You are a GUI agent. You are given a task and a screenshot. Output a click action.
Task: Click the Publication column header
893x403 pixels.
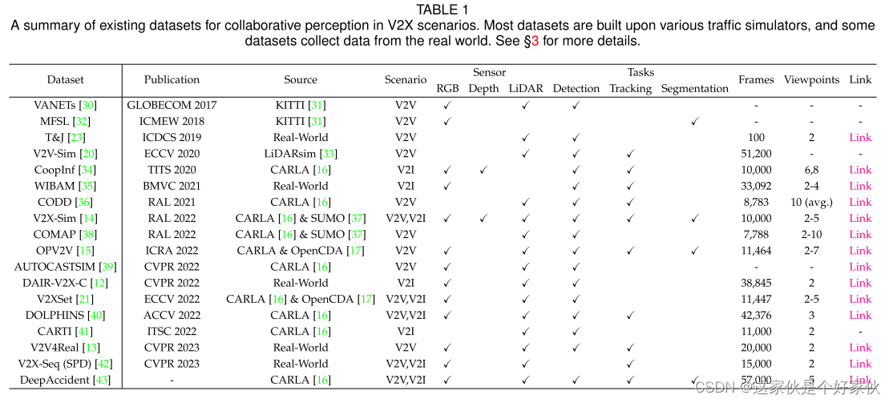(172, 79)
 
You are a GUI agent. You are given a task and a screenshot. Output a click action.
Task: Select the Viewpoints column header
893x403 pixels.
(811, 79)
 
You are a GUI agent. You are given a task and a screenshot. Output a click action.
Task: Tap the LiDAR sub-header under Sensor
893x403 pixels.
(526, 88)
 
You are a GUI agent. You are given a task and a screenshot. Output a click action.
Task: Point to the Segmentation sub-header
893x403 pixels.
(694, 88)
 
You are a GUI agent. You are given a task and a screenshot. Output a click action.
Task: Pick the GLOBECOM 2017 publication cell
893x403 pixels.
(172, 105)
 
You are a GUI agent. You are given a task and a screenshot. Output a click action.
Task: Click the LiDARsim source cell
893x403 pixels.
(301, 153)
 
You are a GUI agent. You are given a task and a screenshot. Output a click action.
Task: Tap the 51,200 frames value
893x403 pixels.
(756, 153)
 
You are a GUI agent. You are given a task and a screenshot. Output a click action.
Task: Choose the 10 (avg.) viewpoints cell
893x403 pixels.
(811, 202)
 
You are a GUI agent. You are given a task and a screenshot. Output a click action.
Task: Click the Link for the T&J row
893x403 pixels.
(860, 137)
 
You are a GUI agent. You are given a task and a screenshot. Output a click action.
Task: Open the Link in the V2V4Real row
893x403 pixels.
(860, 347)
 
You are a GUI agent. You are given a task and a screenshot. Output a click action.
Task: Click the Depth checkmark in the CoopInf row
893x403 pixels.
(483, 170)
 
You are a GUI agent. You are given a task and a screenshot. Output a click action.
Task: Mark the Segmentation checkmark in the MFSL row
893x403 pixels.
(694, 121)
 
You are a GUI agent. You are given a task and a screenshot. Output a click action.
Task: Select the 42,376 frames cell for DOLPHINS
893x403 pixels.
(756, 315)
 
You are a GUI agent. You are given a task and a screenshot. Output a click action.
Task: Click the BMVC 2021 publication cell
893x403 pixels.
(172, 186)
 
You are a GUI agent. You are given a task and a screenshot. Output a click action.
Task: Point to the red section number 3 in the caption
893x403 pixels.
(535, 40)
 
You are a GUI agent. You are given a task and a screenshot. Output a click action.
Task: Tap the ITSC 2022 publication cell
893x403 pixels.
(172, 331)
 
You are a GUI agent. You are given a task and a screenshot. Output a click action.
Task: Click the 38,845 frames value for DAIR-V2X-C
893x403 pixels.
(756, 283)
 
